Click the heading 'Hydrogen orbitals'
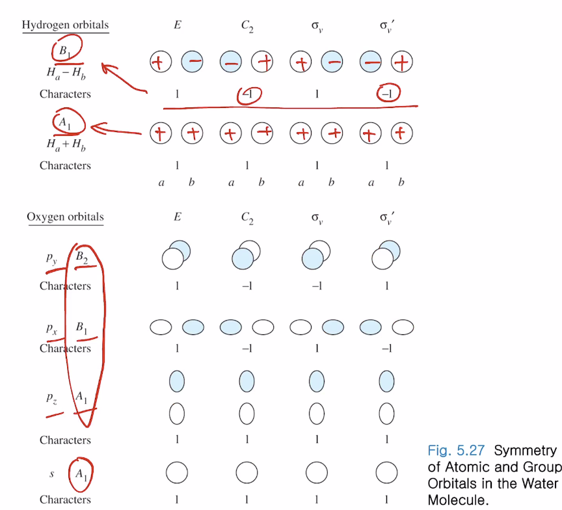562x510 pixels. pyautogui.click(x=65, y=25)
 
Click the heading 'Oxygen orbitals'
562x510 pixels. pyautogui.click(x=65, y=217)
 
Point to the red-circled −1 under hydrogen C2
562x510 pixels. pyautogui.click(x=247, y=94)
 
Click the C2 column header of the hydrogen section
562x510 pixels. pyautogui.click(x=247, y=27)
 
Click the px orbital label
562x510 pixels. pyautogui.click(x=52, y=328)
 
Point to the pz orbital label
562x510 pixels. pyautogui.click(x=52, y=396)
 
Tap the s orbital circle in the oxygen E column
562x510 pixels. pyautogui.click(x=177, y=472)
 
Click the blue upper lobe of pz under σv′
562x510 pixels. pyautogui.click(x=386, y=379)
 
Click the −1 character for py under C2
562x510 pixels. pyautogui.click(x=247, y=286)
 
